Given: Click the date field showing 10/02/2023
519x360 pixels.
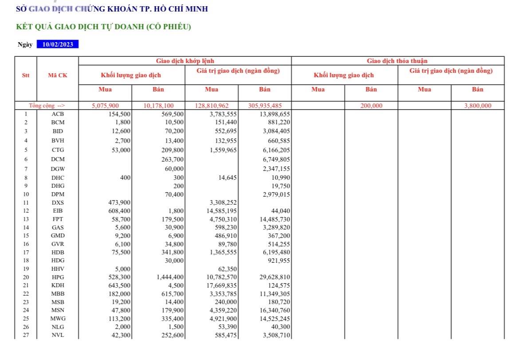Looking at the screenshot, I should [x=58, y=44].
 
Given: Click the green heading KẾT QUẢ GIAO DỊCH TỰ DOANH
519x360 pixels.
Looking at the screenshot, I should [x=103, y=27].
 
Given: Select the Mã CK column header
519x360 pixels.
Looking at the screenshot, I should [x=58, y=75].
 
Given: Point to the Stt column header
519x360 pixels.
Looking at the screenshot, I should [x=26, y=75].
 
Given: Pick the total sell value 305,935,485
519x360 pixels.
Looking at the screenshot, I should [x=264, y=106].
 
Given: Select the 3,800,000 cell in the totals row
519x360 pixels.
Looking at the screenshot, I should [x=478, y=106].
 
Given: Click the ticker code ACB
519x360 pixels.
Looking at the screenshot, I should [x=58, y=114].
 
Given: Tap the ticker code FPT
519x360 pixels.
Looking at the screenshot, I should [x=58, y=219].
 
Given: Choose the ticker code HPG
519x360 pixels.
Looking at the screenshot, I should [x=58, y=277].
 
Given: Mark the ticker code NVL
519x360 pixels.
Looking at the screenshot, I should [x=58, y=335].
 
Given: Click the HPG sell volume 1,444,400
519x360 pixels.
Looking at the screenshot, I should [x=170, y=277].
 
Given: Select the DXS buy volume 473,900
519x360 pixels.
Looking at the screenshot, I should [x=119, y=203].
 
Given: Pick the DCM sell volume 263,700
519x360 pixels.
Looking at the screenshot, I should [x=172, y=159].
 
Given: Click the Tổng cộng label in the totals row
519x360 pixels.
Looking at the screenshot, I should [x=47, y=106].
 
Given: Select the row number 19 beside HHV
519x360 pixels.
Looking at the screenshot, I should [x=26, y=269].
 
